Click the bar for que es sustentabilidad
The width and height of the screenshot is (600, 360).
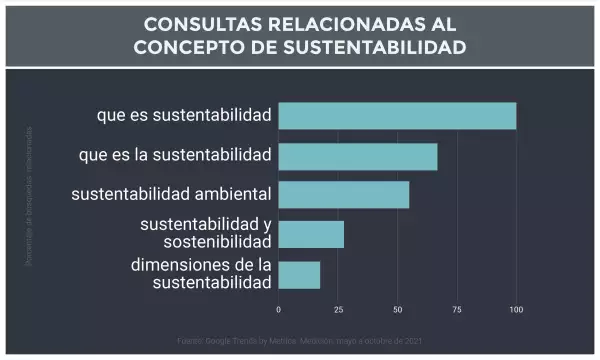tap(397, 116)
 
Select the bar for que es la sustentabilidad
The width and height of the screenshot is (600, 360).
tap(358, 156)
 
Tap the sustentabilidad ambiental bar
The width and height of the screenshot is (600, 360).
tap(344, 195)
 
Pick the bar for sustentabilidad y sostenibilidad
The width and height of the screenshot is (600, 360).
tap(311, 234)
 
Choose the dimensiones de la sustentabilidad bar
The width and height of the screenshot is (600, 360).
tap(299, 274)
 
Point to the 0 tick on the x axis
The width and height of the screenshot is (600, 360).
tap(278, 309)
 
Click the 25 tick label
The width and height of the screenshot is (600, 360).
tap(338, 309)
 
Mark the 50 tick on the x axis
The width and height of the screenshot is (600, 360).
tap(397, 309)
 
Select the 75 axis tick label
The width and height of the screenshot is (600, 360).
tap(457, 309)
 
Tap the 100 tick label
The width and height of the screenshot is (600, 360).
tap(516, 309)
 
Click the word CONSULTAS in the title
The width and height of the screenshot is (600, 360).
tap(194, 24)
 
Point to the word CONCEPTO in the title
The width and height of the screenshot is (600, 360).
tap(192, 47)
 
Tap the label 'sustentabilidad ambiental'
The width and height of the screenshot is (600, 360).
tap(171, 195)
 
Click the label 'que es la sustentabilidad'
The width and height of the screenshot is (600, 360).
tap(175, 155)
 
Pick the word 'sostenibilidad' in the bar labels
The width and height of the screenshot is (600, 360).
tap(218, 243)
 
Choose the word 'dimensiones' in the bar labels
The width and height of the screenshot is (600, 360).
tap(183, 265)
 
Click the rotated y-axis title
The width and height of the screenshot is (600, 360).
tap(30, 196)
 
